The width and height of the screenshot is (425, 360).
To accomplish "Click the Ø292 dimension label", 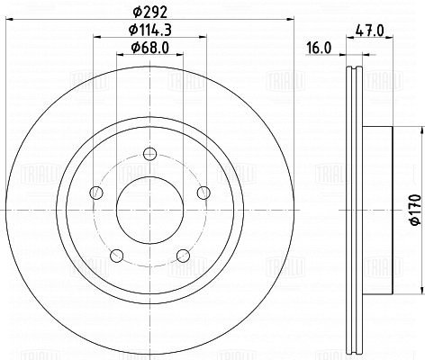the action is click(149, 12).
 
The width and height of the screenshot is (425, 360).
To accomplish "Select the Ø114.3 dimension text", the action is click(149, 30).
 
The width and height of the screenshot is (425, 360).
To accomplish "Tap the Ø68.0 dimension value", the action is click(149, 48).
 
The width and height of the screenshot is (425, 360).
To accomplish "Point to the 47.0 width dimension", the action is click(369, 31).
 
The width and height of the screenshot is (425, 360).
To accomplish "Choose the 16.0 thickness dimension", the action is click(319, 48).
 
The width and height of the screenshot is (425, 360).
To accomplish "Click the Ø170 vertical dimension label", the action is click(416, 210).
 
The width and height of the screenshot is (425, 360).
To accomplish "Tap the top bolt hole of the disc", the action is click(149, 154).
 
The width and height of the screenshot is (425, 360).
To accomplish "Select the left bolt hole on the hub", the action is click(96, 193).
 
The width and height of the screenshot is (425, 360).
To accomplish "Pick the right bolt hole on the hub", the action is click(203, 193).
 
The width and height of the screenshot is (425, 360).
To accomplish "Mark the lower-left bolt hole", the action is click(117, 256).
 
